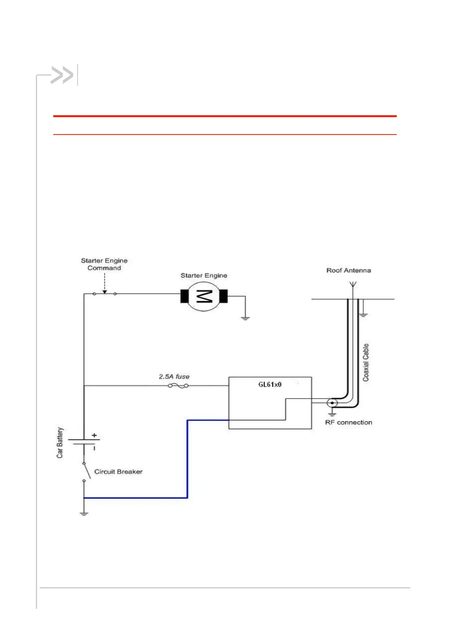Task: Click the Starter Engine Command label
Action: point(104,264)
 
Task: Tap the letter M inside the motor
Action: point(204,296)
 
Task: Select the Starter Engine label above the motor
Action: point(204,275)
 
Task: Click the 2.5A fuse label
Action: point(174,377)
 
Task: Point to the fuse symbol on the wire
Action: point(178,386)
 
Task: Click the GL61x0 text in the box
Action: point(270,385)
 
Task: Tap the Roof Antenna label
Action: point(348,271)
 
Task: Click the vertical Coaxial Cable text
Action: point(366,362)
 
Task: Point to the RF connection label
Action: point(348,422)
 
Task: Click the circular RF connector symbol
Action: point(332,403)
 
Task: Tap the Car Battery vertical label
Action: point(60,443)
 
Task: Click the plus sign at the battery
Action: point(94,435)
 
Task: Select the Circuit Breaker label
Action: point(118,472)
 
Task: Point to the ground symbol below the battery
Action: point(84,514)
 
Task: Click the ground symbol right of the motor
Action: point(245,318)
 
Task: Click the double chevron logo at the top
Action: point(62,75)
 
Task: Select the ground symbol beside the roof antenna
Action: point(363,314)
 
